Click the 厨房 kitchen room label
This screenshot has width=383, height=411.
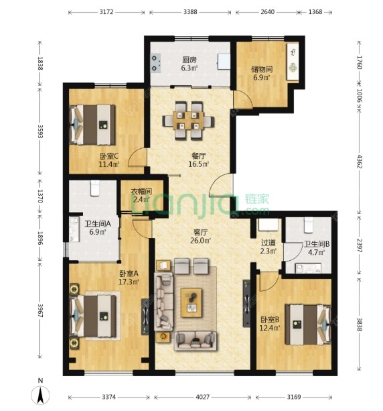[x=189, y=60]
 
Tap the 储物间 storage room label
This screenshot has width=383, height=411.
[x=262, y=69]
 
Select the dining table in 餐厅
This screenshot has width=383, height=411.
[x=188, y=121]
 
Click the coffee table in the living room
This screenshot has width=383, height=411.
[x=191, y=303]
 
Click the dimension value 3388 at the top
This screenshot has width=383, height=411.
[x=190, y=12]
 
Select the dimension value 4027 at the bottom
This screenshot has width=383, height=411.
[x=203, y=397]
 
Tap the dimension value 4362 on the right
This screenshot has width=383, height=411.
[x=360, y=162]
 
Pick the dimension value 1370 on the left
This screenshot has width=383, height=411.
[x=40, y=196]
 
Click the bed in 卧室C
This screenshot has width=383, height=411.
[x=92, y=125]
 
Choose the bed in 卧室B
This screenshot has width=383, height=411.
[x=308, y=325]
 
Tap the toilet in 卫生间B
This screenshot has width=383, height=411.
[x=309, y=225]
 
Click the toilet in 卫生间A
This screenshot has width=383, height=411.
[x=95, y=188]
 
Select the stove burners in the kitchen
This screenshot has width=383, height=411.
[x=156, y=63]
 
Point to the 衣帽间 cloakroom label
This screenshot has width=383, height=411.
[x=141, y=191]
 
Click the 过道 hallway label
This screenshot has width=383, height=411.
[x=269, y=243]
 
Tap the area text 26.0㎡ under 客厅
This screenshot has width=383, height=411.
[x=200, y=240]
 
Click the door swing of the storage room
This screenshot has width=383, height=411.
[x=242, y=99]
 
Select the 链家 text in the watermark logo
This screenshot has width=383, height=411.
[x=257, y=199]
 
